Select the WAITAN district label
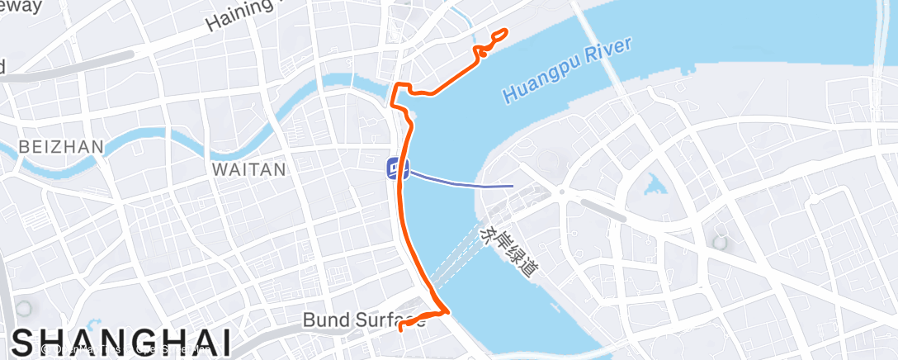click(248, 170)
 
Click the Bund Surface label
click(363, 319)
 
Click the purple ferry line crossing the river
click(462, 182)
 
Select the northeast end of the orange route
click(505, 31)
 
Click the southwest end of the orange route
click(401, 329)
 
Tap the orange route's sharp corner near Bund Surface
click(448, 311)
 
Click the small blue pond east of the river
click(656, 185)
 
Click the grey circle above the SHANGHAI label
click(22, 308)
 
